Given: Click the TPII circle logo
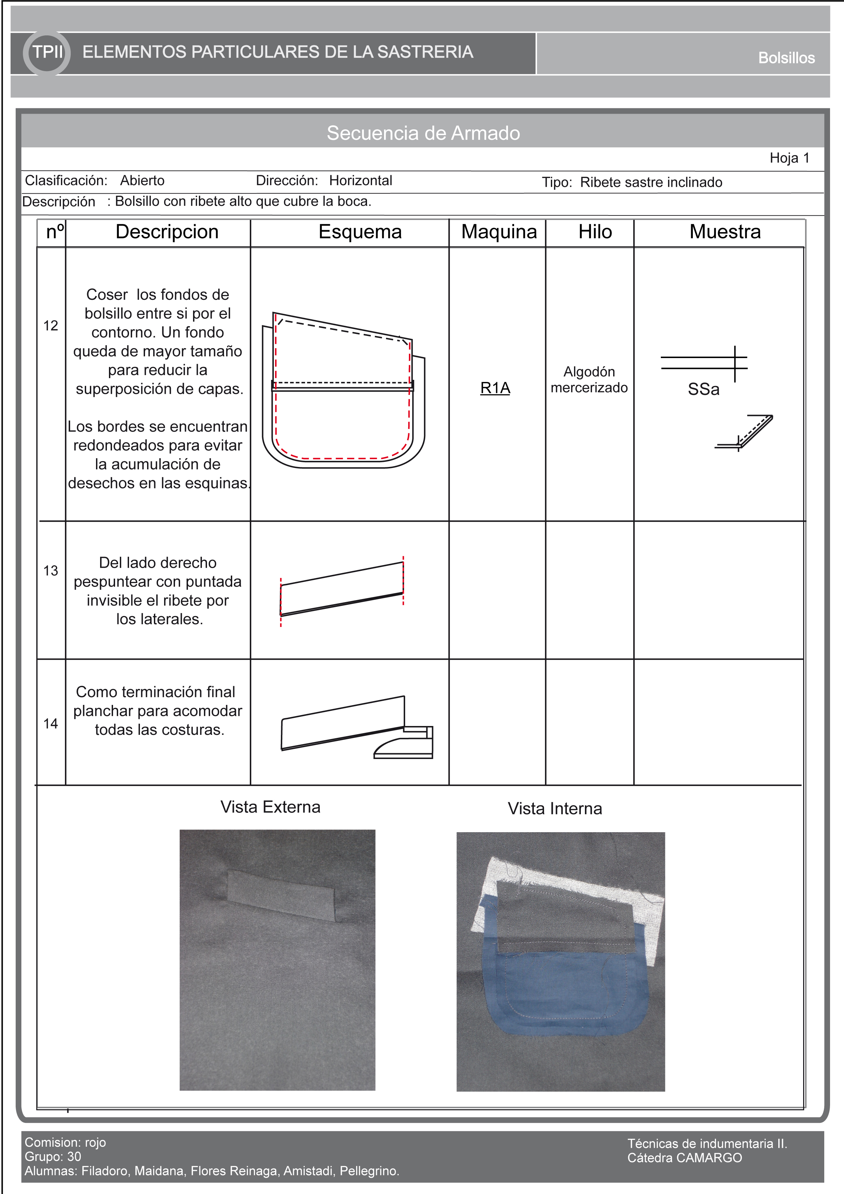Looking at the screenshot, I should coord(47,52).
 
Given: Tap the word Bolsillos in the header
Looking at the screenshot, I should coord(786,58).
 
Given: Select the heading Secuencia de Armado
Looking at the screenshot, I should coord(423,133).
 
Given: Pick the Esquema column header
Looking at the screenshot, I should coord(360,232).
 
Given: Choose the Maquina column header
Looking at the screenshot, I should coord(499,232).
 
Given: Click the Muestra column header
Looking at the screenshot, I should coord(724,232).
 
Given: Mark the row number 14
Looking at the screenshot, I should coord(50,723).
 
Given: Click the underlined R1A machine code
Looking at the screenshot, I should coord(495,388).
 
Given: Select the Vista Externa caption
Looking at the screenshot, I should coord(270,807).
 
